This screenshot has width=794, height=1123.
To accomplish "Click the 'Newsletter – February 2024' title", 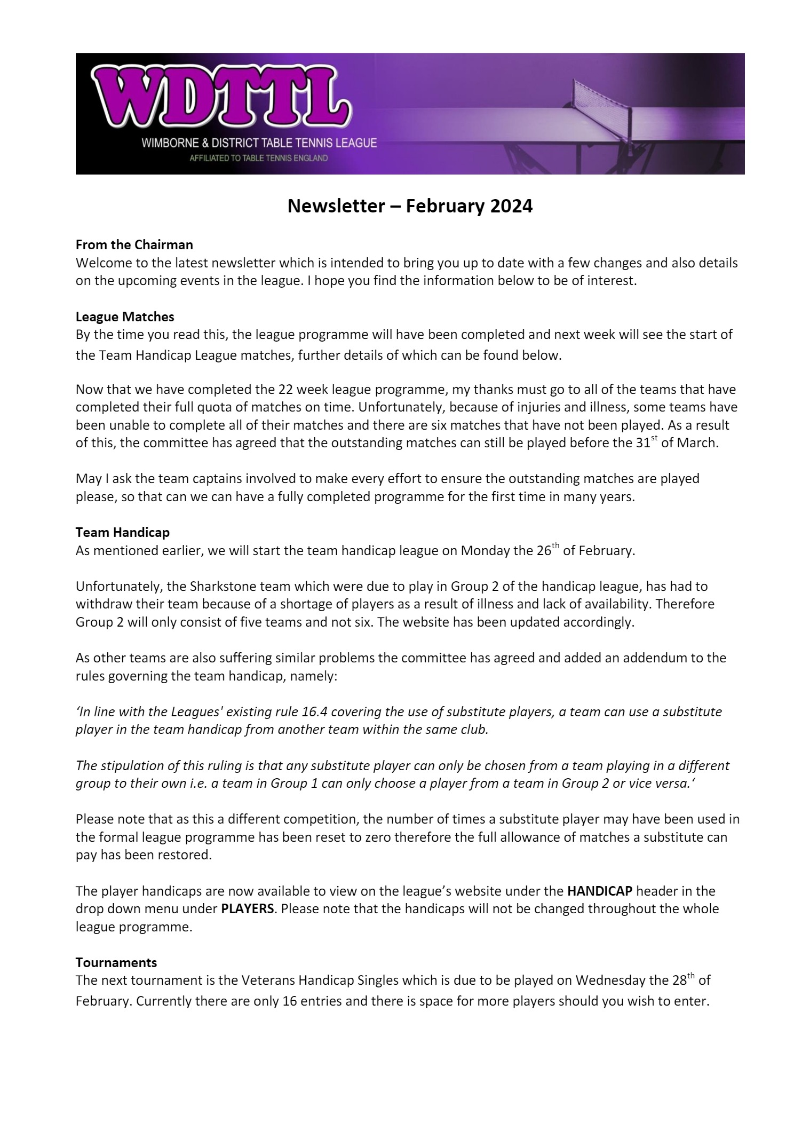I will point(410,206).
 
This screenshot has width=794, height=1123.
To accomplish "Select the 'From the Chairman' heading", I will point(134,245).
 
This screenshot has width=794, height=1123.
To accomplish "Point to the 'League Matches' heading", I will point(125,317).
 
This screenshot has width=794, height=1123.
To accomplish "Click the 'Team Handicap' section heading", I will point(122,532).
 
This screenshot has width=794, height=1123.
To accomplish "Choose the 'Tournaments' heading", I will point(116,962).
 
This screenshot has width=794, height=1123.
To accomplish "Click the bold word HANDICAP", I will point(599,891).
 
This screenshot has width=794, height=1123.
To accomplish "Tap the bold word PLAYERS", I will point(247,908).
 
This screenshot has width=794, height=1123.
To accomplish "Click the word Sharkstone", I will point(218,586).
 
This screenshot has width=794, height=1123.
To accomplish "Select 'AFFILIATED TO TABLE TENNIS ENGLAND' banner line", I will point(258,159).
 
